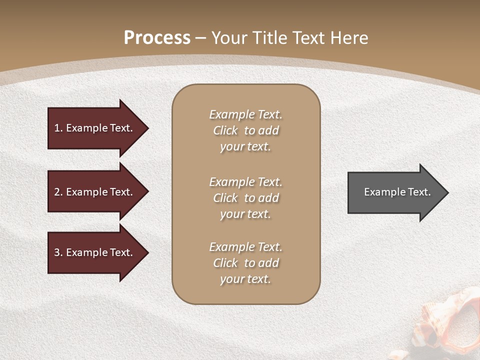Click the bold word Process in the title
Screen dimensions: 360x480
pyautogui.click(x=157, y=38)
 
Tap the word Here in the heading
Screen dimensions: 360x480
pyautogui.click(x=349, y=38)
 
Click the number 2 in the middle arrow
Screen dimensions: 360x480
pyautogui.click(x=57, y=192)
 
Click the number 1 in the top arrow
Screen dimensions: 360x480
pyautogui.click(x=57, y=128)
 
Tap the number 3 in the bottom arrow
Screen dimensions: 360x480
pyautogui.click(x=57, y=252)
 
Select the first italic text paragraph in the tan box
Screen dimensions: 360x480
pyautogui.click(x=245, y=130)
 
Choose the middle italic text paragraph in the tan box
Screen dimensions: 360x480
pyautogui.click(x=245, y=198)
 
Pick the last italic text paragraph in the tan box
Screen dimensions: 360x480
pyautogui.click(x=245, y=263)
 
